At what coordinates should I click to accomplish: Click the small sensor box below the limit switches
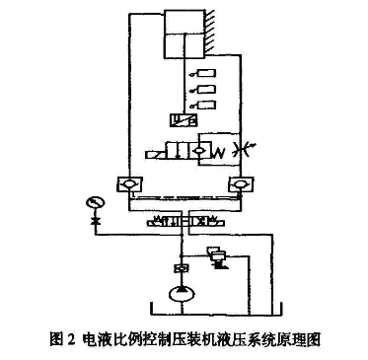pyautogui.click(x=183, y=118)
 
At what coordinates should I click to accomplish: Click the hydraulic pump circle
pyautogui.click(x=182, y=292)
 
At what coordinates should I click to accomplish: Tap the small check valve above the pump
pyautogui.click(x=182, y=267)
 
